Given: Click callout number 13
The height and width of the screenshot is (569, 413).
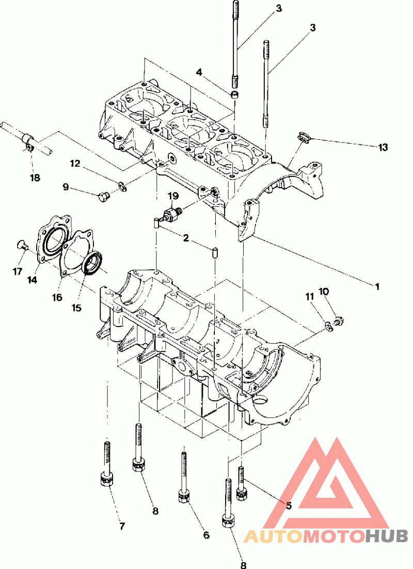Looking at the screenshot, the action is pyautogui.click(x=383, y=148).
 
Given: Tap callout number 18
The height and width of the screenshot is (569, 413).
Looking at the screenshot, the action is pyautogui.click(x=35, y=178).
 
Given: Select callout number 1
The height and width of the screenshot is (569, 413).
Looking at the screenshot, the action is pyautogui.click(x=377, y=287).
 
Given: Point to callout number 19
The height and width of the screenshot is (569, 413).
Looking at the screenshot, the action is pyautogui.click(x=173, y=197).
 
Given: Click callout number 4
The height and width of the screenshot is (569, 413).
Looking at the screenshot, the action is pyautogui.click(x=199, y=73).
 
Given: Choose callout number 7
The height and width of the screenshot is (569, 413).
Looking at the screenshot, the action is pyautogui.click(x=122, y=526).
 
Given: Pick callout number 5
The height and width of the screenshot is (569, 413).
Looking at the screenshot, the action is pyautogui.click(x=289, y=506).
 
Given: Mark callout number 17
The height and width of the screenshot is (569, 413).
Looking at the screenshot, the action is pyautogui.click(x=18, y=271).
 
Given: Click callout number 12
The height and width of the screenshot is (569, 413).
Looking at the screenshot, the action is pyautogui.click(x=75, y=164).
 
